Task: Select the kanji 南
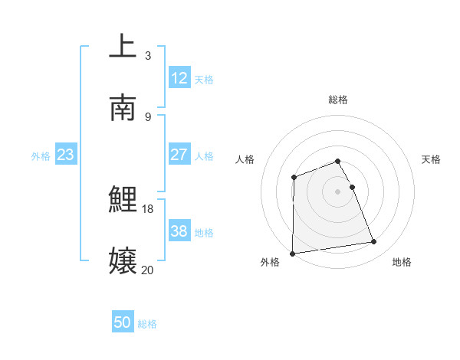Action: click(123, 108)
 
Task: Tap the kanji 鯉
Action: click(123, 200)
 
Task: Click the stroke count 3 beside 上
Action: click(147, 55)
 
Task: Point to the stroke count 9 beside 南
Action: click(147, 116)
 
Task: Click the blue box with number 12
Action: click(179, 78)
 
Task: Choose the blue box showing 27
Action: click(179, 155)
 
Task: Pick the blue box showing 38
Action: click(179, 231)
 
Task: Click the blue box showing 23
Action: click(65, 155)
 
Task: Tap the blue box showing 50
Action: click(123, 322)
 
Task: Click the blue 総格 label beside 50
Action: click(147, 324)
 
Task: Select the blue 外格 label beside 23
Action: click(41, 156)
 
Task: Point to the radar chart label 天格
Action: click(432, 159)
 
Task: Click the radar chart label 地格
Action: click(402, 262)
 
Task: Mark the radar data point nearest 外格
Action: click(292, 253)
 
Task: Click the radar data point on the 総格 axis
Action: click(337, 161)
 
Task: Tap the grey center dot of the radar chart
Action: click(337, 191)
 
